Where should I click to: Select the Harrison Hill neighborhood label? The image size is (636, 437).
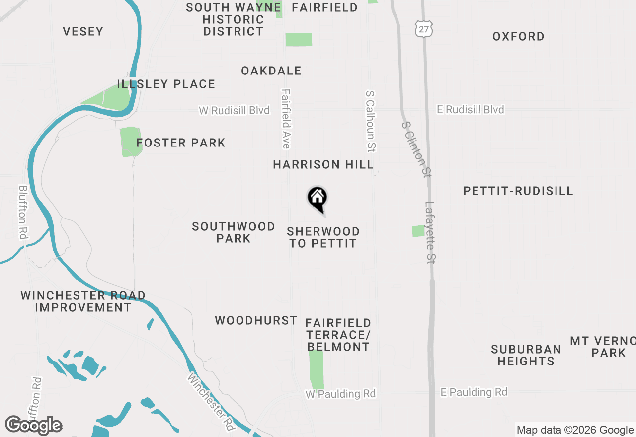coord(323,164)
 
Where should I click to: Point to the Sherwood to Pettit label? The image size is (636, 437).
coord(323,237)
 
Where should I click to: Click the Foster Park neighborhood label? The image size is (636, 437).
coord(181,143)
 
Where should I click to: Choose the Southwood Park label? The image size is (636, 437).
coord(234,232)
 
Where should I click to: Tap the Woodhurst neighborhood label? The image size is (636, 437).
coord(256,321)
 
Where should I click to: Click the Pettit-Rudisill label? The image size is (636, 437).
coord(518,191)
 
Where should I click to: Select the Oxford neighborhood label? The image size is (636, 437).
coord(518,37)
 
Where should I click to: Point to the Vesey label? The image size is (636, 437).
coord(83,32)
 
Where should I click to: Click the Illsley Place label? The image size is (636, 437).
coord(166,84)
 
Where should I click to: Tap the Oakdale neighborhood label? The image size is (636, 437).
coord(271,71)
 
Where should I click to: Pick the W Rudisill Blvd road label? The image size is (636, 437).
coord(234,110)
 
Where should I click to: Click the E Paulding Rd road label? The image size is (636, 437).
coord(474,392)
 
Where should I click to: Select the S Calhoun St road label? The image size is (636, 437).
coord(371,121)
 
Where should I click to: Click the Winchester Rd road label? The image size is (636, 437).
coord(211,401)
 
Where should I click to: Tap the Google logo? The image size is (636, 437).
coord(34,426)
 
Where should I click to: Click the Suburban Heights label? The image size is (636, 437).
coord(526,355)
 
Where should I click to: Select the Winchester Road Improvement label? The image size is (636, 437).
coord(83,301)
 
